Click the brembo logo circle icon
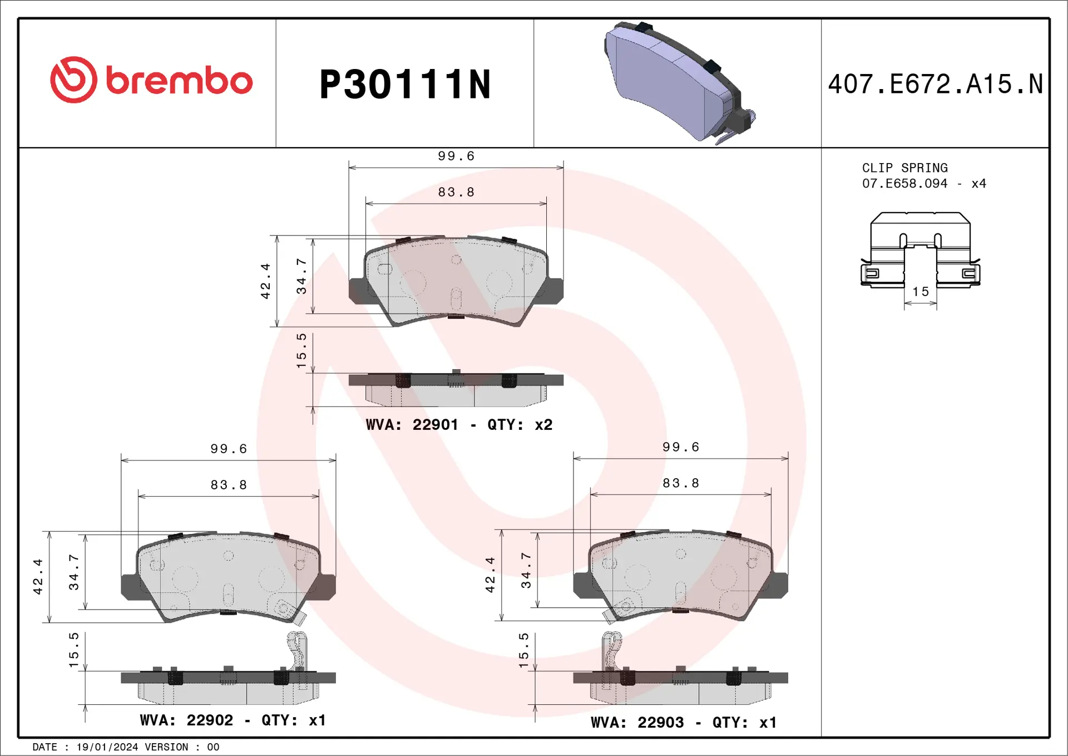tap(73, 80)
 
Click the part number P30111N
tap(405, 85)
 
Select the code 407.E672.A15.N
tap(935, 84)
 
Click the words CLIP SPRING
tap(904, 168)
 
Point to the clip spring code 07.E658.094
tap(904, 183)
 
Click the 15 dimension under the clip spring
tap(921, 292)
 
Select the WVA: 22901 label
tap(412, 425)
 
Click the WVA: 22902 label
tap(186, 720)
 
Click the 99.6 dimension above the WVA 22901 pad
tap(456, 156)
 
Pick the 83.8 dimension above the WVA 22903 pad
tap(681, 483)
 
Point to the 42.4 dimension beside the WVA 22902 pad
tap(38, 577)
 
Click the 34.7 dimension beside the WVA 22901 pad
tap(301, 277)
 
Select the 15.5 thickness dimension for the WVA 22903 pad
tap(523, 650)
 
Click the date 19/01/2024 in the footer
tap(107, 747)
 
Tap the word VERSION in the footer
tap(166, 747)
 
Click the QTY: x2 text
tap(520, 425)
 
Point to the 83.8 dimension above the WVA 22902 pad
tap(229, 485)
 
